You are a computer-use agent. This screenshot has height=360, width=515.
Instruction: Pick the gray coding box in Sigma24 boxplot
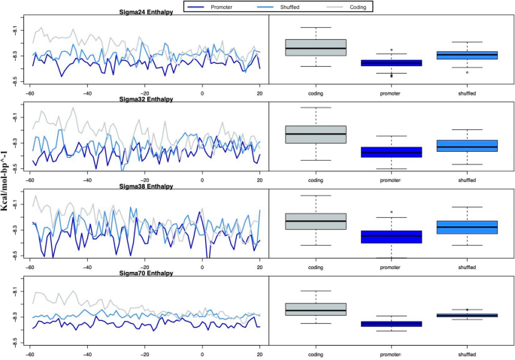pos(316,47)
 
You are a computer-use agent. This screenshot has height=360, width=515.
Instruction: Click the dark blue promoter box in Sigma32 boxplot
pos(391,152)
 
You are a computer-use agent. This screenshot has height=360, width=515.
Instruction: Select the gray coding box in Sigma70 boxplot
pos(316,309)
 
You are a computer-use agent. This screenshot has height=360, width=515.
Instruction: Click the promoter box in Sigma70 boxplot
pos(391,324)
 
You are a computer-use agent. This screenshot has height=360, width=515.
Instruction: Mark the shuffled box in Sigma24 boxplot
pos(466,55)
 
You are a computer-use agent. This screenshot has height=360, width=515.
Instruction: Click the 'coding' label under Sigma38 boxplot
pos(316,268)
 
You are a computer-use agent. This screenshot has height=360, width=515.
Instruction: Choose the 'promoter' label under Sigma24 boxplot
pos(391,94)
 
